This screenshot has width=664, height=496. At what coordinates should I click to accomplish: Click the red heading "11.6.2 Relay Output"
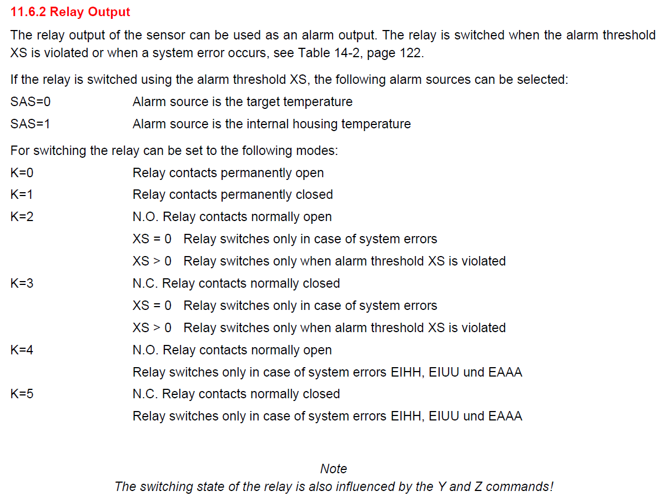(x=70, y=12)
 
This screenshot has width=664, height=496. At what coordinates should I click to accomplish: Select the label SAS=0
(x=31, y=102)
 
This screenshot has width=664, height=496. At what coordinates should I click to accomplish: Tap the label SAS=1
(x=31, y=124)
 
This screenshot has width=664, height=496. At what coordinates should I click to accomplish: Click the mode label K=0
(x=22, y=173)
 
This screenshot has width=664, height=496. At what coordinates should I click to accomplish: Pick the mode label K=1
(x=22, y=195)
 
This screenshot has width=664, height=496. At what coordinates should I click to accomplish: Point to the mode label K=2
(x=22, y=217)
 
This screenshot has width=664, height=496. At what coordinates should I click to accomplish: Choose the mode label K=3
(x=22, y=283)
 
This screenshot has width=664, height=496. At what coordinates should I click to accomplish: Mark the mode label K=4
(x=22, y=350)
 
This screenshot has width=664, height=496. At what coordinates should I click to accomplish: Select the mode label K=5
(x=22, y=394)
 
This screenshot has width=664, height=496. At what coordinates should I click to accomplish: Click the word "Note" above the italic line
(x=334, y=469)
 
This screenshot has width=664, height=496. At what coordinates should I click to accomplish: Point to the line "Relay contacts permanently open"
(x=228, y=173)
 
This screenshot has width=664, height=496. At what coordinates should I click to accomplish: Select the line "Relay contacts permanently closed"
(x=233, y=195)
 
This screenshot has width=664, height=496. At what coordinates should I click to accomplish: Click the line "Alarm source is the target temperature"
(x=242, y=102)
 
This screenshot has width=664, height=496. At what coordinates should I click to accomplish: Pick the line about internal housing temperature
(x=271, y=124)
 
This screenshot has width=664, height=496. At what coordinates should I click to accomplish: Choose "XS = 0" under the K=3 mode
(x=152, y=305)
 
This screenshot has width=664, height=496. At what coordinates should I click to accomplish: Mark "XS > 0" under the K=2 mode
(x=152, y=261)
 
